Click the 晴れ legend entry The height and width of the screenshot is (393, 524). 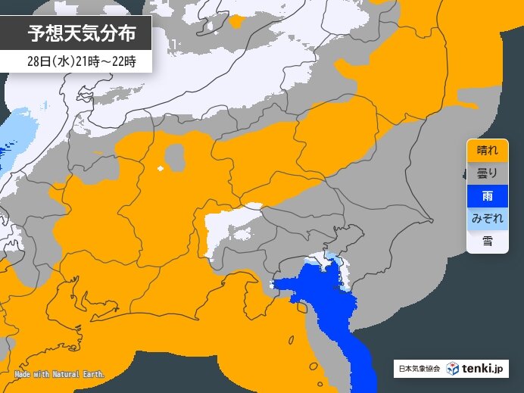coord(487,150)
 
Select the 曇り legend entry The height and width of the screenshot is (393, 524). coord(487,173)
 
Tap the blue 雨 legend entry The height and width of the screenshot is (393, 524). coord(487,196)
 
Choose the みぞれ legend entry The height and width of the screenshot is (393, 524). coord(487,219)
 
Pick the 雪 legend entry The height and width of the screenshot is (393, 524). coord(487,242)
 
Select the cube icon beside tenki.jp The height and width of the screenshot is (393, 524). coord(452,369)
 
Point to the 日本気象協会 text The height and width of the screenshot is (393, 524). coord(418,370)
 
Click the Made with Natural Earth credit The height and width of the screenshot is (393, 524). coord(59,374)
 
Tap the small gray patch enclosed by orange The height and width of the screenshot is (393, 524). coord(175,158)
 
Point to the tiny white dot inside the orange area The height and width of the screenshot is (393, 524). coord(160,168)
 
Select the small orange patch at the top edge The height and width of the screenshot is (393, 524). coord(236,21)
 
